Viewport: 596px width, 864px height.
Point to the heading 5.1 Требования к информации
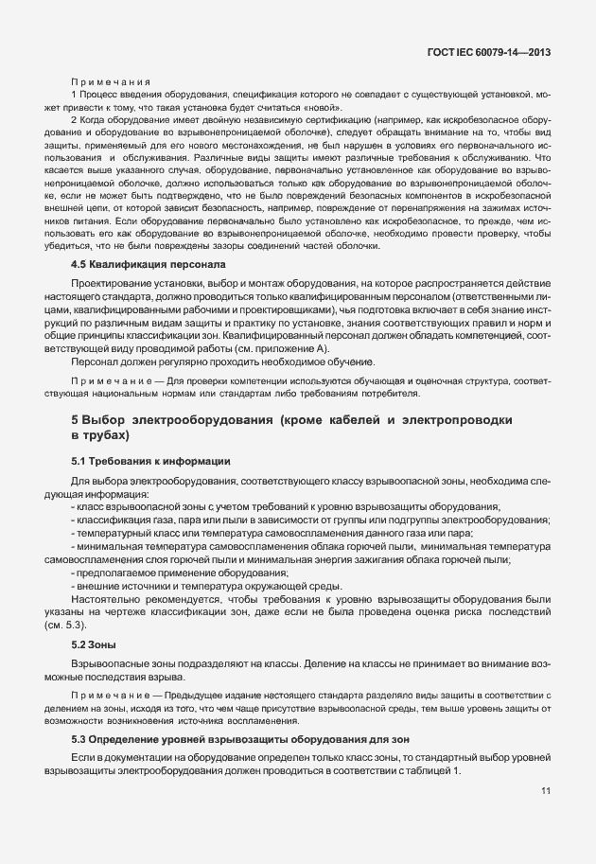(x=151, y=461)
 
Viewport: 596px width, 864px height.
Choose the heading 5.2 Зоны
(x=95, y=644)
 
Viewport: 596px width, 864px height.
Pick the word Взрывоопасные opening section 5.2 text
(x=112, y=663)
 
